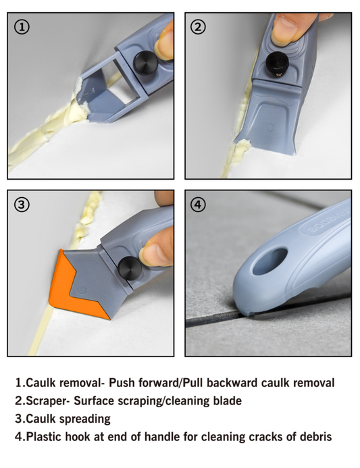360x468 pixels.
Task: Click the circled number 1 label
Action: (22, 27)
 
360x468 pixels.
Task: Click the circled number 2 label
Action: (198, 27)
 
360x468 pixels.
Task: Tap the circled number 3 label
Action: (22, 205)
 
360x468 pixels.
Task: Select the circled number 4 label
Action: (198, 205)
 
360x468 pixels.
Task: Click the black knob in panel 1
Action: (145, 62)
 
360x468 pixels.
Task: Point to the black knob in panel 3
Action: (130, 267)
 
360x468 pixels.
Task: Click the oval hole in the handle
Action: (269, 261)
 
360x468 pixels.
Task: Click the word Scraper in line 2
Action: (47, 401)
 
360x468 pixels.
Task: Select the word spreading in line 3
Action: (86, 419)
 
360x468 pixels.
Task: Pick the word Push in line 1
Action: (121, 383)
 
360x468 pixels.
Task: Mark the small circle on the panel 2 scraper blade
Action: (270, 128)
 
